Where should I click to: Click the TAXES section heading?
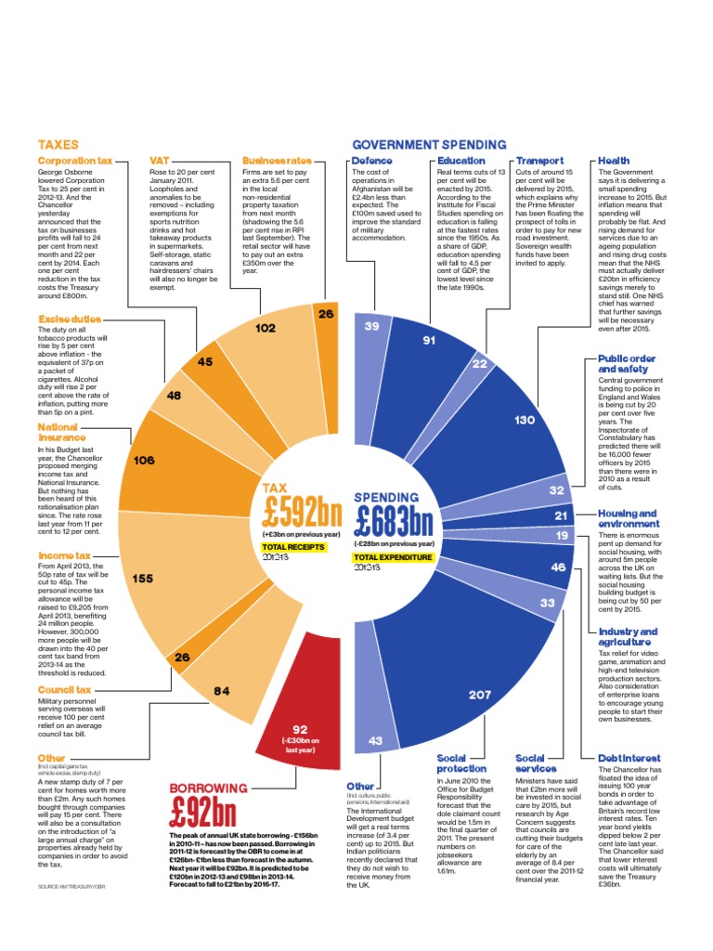coord(58,145)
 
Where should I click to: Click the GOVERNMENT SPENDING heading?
coord(428,145)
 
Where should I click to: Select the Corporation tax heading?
coord(74,161)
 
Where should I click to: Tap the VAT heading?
coord(159,161)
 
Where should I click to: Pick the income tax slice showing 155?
coord(144,578)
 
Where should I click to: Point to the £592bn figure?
coord(302,513)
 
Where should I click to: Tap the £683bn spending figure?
coord(394,515)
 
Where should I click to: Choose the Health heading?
coord(614,161)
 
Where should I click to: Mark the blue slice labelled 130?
coord(525,421)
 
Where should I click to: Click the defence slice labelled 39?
coord(371,327)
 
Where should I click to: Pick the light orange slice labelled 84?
coord(221,690)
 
